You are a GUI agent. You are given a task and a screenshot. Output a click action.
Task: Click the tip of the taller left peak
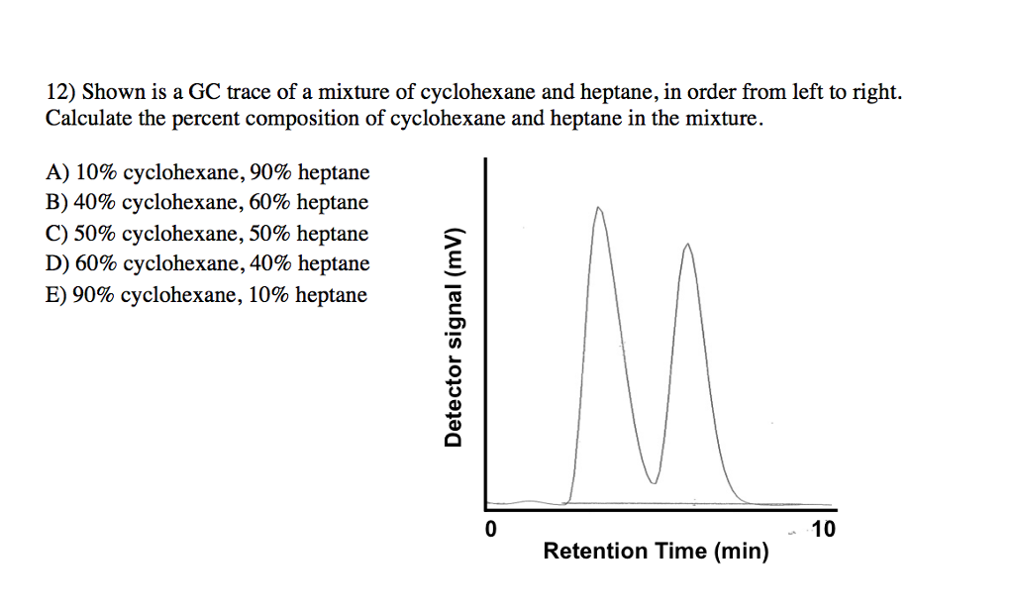(x=597, y=208)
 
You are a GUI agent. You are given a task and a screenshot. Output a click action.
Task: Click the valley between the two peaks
(x=654, y=482)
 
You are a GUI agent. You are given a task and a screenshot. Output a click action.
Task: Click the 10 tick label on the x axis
(x=823, y=529)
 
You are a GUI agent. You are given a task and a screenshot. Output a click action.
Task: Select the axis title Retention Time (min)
(x=656, y=552)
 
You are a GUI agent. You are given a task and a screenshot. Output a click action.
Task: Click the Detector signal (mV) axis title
(x=454, y=337)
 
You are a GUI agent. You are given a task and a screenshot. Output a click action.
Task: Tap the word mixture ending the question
(x=730, y=120)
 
